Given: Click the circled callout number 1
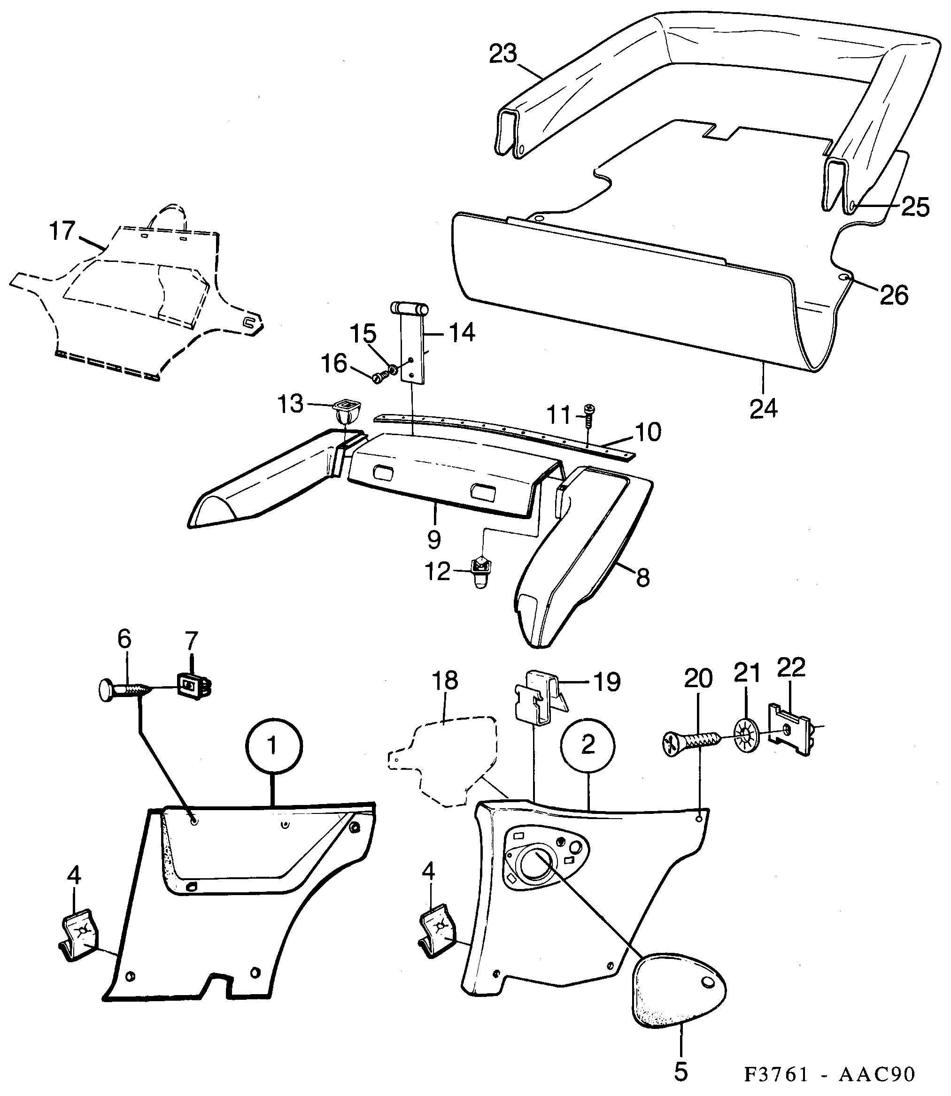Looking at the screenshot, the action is tap(273, 745).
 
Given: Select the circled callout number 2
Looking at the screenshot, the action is tap(588, 745).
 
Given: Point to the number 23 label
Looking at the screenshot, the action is tap(503, 54).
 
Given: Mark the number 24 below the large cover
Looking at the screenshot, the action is tap(763, 408).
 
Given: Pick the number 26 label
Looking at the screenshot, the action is tap(894, 295).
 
